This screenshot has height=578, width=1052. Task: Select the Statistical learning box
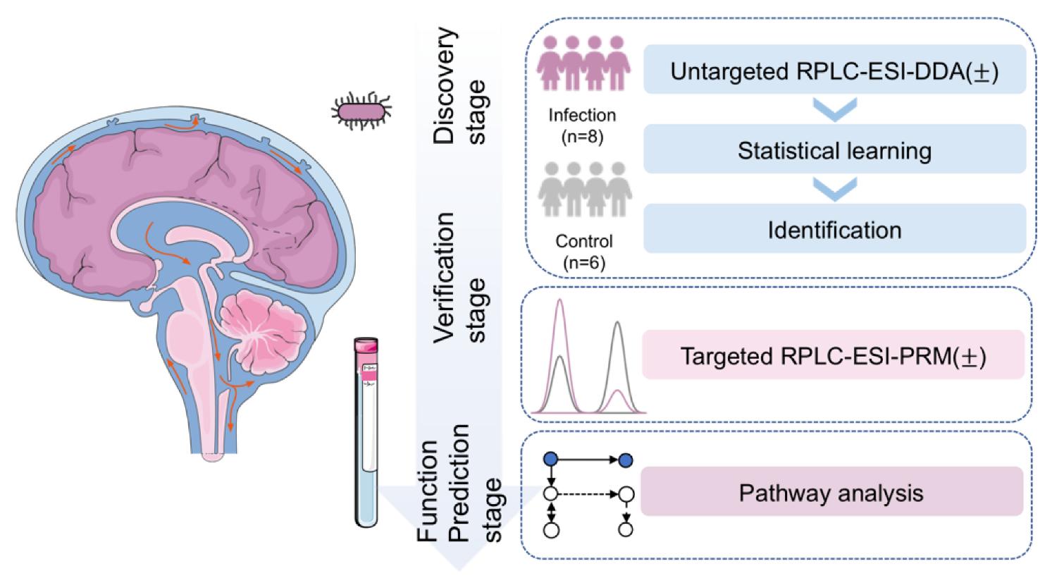point(834,151)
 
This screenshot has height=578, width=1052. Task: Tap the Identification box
point(834,230)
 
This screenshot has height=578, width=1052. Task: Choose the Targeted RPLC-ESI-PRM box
point(833,356)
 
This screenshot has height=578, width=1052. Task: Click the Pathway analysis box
point(831,492)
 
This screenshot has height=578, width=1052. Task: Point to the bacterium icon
point(361,111)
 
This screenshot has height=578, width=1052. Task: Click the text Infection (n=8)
point(582,125)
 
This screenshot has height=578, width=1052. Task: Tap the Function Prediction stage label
point(458,486)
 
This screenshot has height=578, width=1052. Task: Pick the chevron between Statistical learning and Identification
point(834,187)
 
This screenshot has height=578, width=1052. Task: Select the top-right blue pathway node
point(625,460)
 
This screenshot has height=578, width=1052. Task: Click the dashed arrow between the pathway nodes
point(587,493)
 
